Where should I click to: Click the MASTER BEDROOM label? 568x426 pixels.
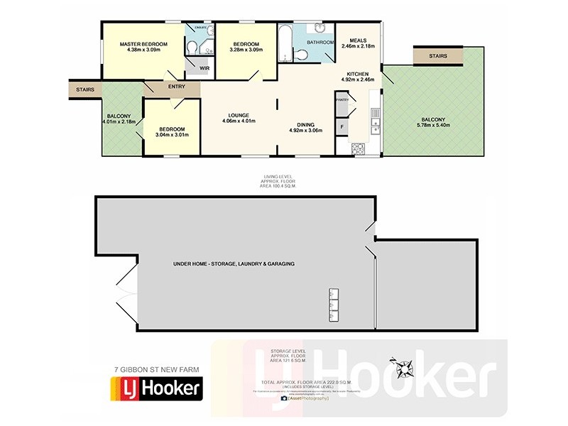coord(143,44)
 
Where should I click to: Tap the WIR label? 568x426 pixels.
coord(204,68)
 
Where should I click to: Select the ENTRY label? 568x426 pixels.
coord(176,87)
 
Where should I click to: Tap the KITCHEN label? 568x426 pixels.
coord(358,74)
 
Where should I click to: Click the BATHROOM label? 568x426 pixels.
coord(320,43)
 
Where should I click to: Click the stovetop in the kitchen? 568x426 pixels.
coord(359,148)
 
